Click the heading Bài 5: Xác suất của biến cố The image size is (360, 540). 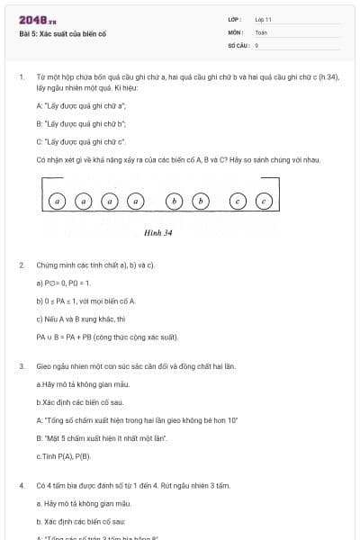click(x=63, y=35)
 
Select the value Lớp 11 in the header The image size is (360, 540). click(x=264, y=19)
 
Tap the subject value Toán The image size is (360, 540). click(x=261, y=32)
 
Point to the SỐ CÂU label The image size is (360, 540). click(x=237, y=45)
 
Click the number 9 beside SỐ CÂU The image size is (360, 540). click(x=256, y=45)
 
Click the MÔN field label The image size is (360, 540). click(x=235, y=32)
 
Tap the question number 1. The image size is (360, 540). click(x=21, y=77)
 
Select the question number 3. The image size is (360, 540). click(x=21, y=367)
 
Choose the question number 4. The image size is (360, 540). click(x=21, y=485)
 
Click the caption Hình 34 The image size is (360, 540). click(x=157, y=232)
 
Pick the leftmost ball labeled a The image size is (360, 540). click(x=58, y=202)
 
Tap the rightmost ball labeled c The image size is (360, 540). click(x=264, y=202)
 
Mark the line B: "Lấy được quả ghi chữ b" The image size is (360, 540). click(x=81, y=124)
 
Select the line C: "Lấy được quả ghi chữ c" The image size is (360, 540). click(x=81, y=142)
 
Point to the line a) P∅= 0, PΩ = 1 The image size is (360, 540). click(x=64, y=283)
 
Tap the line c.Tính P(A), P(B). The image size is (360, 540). click(x=64, y=456)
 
